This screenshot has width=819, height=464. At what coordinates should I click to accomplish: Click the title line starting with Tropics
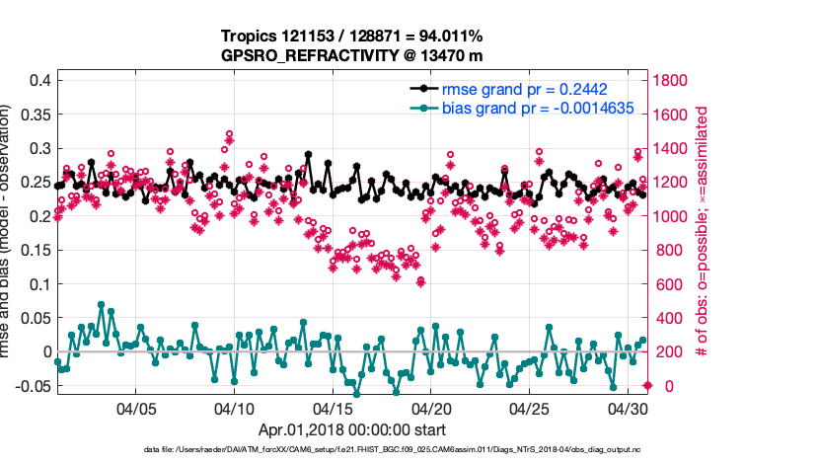350,38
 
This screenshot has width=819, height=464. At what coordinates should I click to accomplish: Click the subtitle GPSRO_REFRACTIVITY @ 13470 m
350,56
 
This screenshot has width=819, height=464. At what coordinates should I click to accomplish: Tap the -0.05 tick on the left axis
33,385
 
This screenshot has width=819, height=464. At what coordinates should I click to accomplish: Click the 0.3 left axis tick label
38,148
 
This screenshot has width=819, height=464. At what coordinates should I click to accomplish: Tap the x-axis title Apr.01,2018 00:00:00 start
352,429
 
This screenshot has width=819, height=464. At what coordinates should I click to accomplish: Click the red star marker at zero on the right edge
647,385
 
